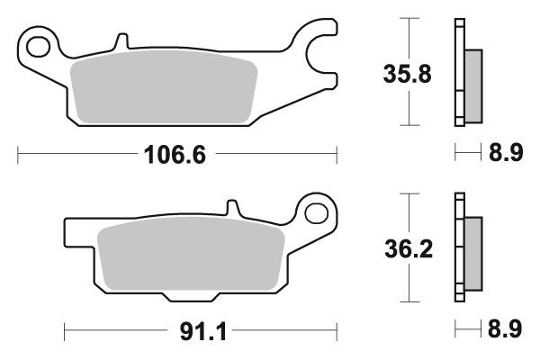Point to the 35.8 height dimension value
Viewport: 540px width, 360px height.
[402, 71]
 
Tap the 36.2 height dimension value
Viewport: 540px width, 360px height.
[402, 247]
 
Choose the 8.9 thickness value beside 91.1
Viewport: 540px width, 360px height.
[505, 330]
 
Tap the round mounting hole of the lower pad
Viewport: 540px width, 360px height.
[316, 212]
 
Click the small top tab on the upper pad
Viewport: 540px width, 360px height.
[118, 42]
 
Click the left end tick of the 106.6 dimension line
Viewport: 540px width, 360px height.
[18, 155]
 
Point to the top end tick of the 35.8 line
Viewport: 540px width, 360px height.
[409, 18]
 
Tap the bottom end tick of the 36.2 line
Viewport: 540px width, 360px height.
[409, 301]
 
